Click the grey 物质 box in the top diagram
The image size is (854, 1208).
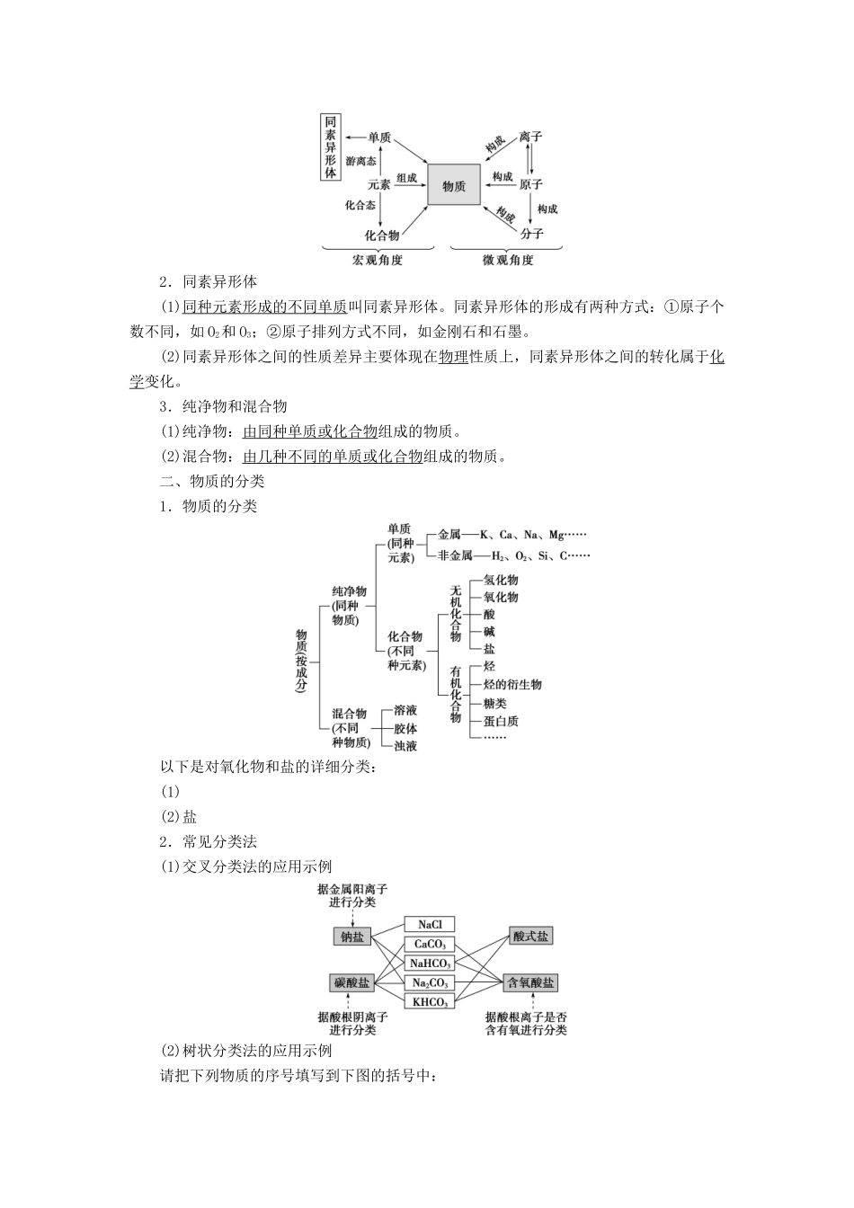coord(454,185)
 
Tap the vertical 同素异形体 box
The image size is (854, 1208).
coord(331,147)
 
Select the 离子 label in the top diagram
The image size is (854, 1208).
coord(530,137)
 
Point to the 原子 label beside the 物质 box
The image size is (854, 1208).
coord(530,184)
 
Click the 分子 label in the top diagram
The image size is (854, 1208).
coord(531,234)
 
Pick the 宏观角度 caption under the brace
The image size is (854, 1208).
coord(378,261)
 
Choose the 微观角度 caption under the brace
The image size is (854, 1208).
coord(508,261)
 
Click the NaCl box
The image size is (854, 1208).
coord(430,925)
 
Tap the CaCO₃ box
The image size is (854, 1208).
coord(430,944)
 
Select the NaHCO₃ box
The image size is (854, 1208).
coord(430,964)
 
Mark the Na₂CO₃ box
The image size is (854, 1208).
coord(430,982)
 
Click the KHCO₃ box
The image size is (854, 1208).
coord(430,1001)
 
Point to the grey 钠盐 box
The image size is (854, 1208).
coord(351,937)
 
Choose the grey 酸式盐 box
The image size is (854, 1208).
coord(530,937)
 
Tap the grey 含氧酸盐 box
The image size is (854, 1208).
coord(530,982)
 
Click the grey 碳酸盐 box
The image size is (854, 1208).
coord(351,982)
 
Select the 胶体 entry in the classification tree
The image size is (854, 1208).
coord(405,728)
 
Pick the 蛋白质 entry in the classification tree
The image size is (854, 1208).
coord(501,721)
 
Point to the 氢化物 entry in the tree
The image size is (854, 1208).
coord(501,581)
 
